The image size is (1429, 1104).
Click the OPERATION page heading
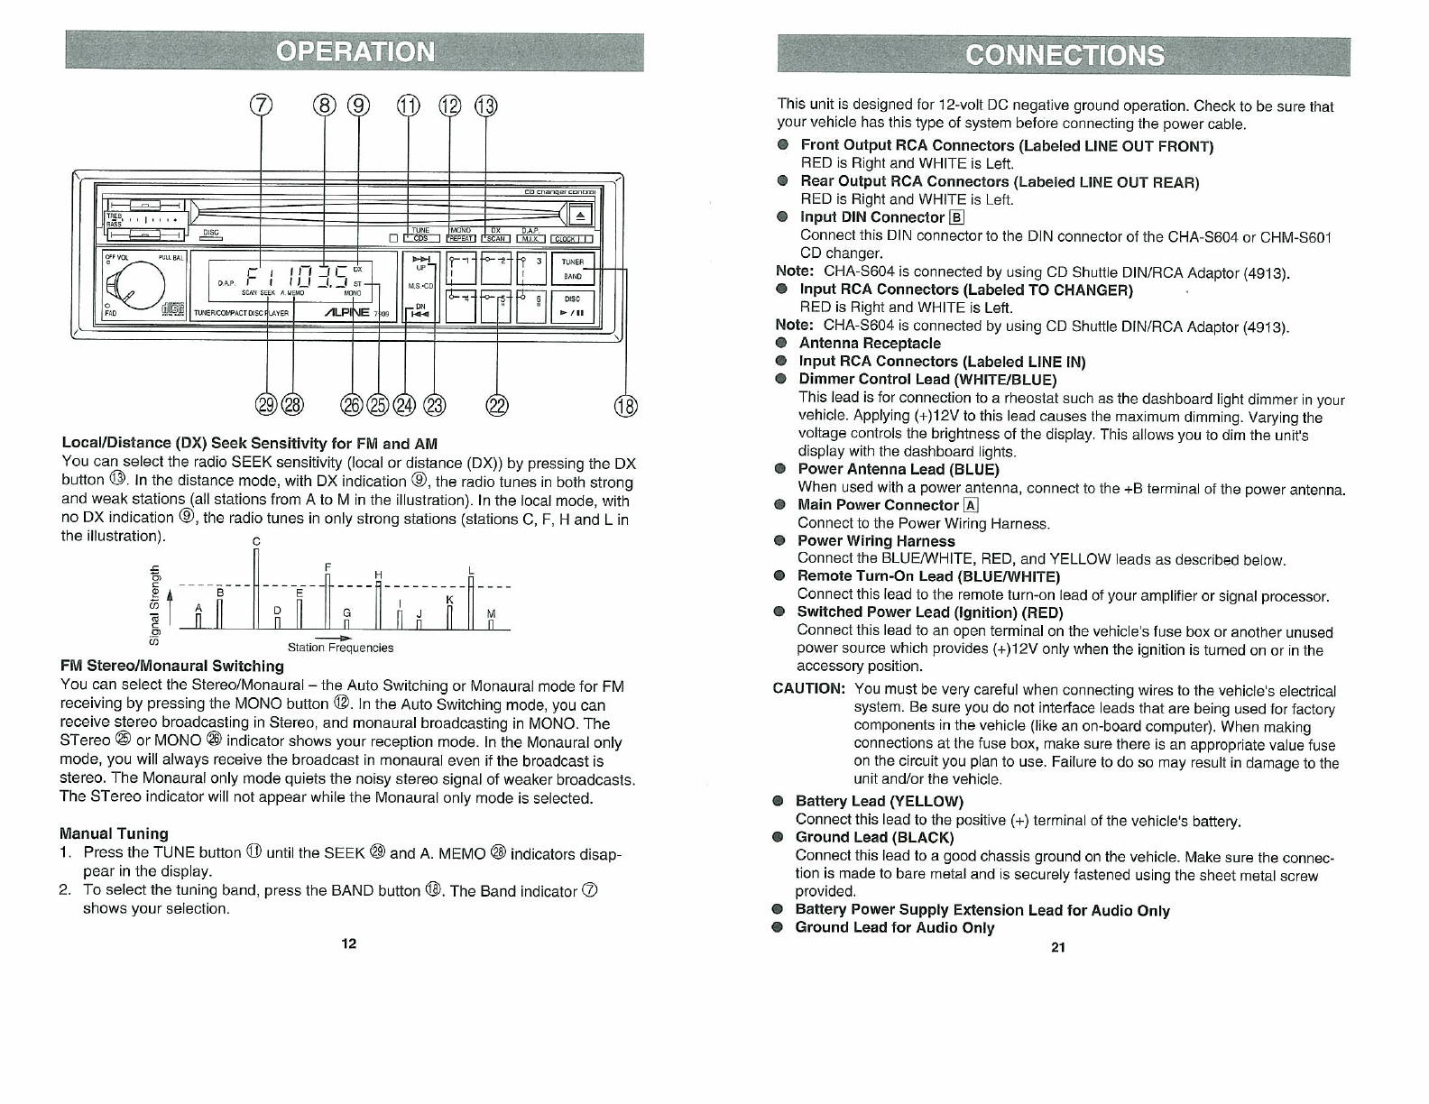coord(355,51)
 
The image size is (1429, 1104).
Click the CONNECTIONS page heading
coord(1064,56)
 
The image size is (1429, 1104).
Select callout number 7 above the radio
coord(261,106)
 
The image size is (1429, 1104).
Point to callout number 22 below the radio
coord(497,407)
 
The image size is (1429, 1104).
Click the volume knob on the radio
coord(134,285)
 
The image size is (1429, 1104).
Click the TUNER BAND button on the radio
coord(572,270)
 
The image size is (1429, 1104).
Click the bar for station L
coord(471,602)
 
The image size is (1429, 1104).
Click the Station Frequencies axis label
coord(340,648)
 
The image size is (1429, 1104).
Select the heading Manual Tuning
coord(114,833)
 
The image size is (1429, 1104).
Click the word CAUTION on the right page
coord(809,689)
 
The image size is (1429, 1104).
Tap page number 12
coord(349,943)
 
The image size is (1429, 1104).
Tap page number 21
coord(1058,947)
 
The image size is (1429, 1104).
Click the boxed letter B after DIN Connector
coord(957,217)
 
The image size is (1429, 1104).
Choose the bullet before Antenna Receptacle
coord(781,344)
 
